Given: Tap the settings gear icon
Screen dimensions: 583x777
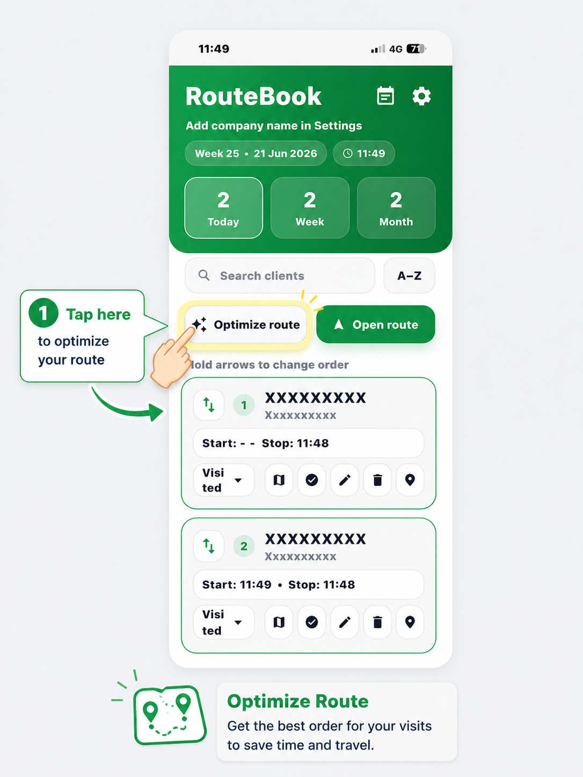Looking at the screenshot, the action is [421, 96].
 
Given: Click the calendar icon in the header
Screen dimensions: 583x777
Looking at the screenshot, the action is [385, 96].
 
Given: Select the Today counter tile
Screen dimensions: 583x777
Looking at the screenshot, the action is [223, 208].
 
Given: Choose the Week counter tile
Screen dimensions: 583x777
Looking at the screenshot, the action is [310, 208].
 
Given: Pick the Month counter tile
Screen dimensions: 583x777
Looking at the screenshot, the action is [396, 208].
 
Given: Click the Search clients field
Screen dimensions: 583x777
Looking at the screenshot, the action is [280, 275].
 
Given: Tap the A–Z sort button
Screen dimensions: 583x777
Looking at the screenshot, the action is [409, 275].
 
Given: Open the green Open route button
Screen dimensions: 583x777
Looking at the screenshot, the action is [376, 324].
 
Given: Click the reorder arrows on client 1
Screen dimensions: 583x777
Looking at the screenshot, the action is [208, 405].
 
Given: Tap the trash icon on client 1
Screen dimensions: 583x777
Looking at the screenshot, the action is [377, 480].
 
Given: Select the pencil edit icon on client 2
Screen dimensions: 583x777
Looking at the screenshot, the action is [345, 622].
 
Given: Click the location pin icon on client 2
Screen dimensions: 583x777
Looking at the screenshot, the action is [410, 622].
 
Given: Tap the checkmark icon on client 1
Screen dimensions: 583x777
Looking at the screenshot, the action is [311, 480].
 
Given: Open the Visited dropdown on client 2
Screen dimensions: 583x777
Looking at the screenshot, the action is [224, 622].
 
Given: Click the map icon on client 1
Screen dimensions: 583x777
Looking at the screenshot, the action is [279, 480].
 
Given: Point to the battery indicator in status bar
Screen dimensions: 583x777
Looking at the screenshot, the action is [416, 48].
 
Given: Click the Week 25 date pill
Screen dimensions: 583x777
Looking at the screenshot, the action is [256, 153].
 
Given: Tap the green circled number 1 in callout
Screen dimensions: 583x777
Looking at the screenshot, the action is [43, 313].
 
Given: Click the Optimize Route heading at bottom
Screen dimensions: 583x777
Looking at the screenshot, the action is [298, 701].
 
